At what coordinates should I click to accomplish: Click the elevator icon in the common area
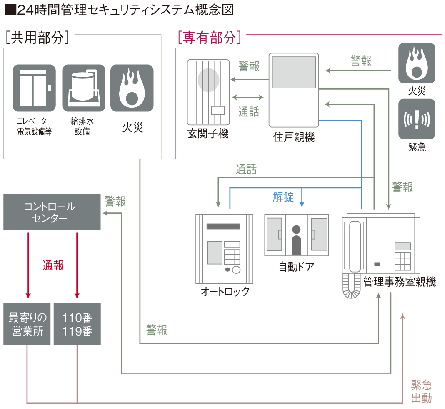(34, 88)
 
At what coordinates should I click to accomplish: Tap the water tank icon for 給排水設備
(84, 88)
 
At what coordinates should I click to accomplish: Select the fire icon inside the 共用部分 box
(132, 88)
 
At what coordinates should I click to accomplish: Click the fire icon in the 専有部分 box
(417, 63)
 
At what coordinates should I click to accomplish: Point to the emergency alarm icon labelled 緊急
(417, 119)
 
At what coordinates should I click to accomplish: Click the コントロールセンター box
(52, 212)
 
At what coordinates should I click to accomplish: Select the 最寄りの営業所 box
(27, 324)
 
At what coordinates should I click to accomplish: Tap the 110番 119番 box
(77, 324)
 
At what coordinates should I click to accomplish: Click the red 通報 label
(53, 265)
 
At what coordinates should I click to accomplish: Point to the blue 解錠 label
(283, 197)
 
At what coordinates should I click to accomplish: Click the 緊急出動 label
(421, 391)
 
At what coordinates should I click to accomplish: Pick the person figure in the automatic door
(296, 240)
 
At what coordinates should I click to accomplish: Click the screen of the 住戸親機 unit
(294, 72)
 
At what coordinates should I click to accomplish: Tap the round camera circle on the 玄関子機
(208, 80)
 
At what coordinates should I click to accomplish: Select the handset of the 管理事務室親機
(355, 247)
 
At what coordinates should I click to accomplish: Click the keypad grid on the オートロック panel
(232, 257)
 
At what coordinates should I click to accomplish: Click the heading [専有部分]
(210, 37)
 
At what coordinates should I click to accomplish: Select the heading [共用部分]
(37, 37)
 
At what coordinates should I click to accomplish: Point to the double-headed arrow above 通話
(248, 98)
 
